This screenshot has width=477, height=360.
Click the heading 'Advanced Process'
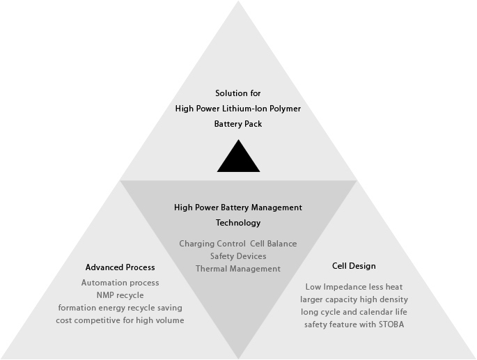(x=120, y=267)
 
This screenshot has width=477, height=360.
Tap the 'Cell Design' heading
(x=354, y=266)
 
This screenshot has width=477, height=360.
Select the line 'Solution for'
(x=238, y=93)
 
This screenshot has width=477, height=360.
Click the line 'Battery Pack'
(x=238, y=124)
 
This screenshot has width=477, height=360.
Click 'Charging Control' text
(x=212, y=244)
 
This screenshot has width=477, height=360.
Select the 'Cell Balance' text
(x=274, y=244)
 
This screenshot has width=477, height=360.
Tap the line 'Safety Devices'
(x=238, y=256)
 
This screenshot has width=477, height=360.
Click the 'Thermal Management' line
(x=238, y=269)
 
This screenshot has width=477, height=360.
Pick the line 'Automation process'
(x=120, y=283)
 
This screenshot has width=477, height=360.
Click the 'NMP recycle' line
(x=120, y=295)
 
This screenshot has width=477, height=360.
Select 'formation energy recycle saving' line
(x=120, y=308)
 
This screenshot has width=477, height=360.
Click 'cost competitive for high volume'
(x=120, y=320)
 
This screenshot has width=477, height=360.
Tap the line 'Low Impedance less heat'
(x=354, y=287)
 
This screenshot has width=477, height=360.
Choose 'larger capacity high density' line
(x=354, y=299)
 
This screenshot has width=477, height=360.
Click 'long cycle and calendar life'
(x=354, y=312)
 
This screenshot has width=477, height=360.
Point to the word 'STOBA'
(x=391, y=324)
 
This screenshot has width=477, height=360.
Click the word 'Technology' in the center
(x=238, y=223)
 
